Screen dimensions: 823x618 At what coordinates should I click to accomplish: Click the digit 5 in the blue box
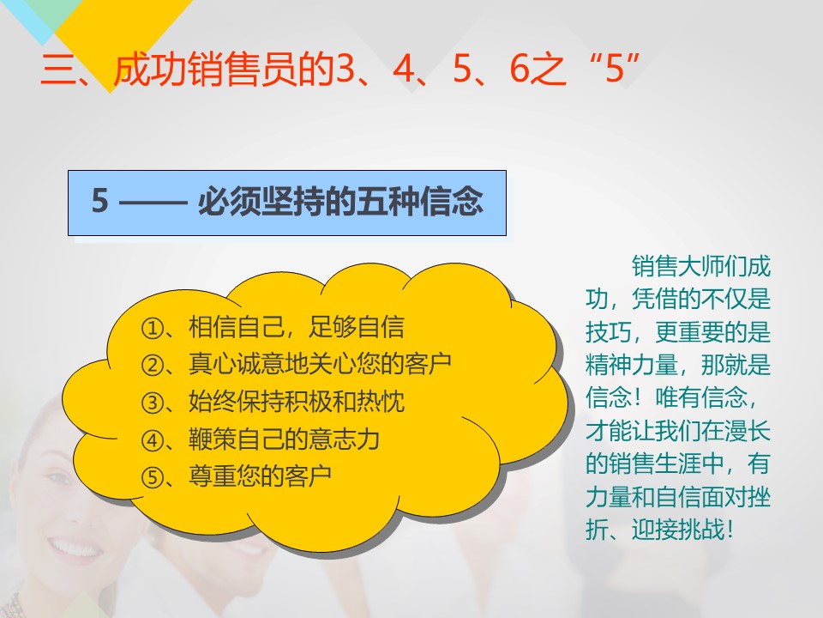tap(100, 201)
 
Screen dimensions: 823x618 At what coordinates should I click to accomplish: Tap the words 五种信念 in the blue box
tap(420, 201)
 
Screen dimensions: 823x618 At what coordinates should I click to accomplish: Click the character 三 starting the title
tap(57, 69)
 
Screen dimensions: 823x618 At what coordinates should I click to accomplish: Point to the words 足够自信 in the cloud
tap(357, 327)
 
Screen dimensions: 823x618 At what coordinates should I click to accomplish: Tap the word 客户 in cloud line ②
tap(428, 364)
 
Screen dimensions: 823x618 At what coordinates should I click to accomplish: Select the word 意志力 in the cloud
tap(345, 439)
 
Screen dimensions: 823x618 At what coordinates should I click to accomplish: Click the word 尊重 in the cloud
tap(213, 476)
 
